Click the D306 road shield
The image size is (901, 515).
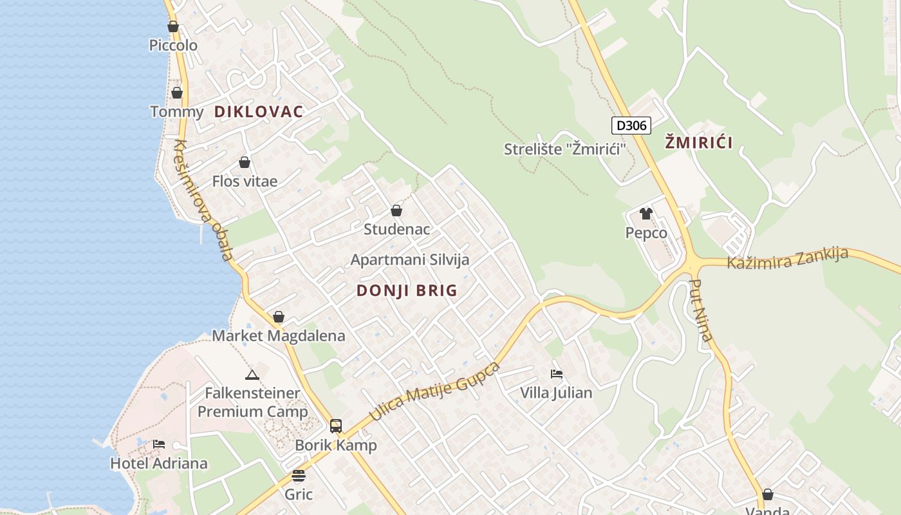[631, 125]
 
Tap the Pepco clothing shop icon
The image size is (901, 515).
[646, 214]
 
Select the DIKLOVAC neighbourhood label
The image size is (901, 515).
[259, 111]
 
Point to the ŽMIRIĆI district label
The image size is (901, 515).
[699, 143]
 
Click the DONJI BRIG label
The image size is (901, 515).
[407, 290]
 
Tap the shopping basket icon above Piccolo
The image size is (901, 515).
[173, 26]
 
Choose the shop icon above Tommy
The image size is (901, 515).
[177, 93]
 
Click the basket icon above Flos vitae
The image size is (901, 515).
[245, 162]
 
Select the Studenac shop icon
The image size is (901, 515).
[396, 211]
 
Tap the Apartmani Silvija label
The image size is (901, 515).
[410, 260]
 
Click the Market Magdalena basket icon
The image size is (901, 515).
[279, 317]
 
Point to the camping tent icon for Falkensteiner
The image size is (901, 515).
[252, 374]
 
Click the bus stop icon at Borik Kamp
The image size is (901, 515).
[336, 426]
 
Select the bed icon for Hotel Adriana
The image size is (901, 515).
[159, 444]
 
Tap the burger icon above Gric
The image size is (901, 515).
[299, 476]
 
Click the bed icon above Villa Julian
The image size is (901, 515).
[557, 373]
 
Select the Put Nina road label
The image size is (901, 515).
[701, 309]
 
